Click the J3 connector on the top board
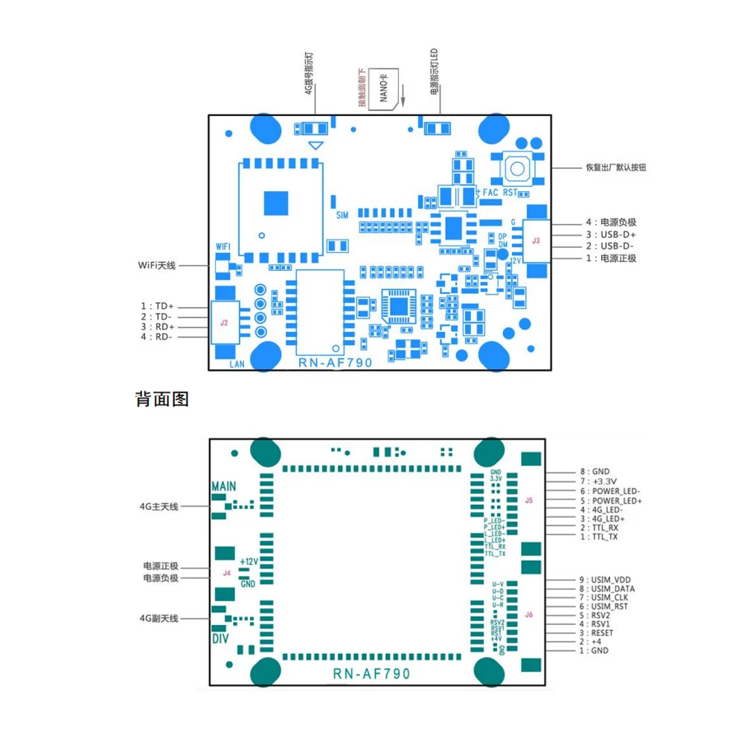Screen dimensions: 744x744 click(536, 240)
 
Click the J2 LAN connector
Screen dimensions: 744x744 click(224, 322)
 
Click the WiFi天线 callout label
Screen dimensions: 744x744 click(157, 265)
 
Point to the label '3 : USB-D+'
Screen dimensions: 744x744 click(611, 234)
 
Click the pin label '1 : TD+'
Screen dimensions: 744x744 click(157, 306)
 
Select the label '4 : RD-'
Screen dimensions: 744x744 click(157, 337)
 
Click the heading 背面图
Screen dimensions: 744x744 click(162, 399)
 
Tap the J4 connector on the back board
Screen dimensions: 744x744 click(227, 573)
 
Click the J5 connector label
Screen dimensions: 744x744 click(529, 500)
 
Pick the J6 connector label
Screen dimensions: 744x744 click(529, 615)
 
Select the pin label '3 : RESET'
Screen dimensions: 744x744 click(600, 632)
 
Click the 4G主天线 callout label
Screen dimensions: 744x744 click(159, 507)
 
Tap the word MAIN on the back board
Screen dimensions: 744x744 click(224, 487)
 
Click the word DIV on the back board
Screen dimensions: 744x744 click(220, 639)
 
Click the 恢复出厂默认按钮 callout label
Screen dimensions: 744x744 click(616, 167)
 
